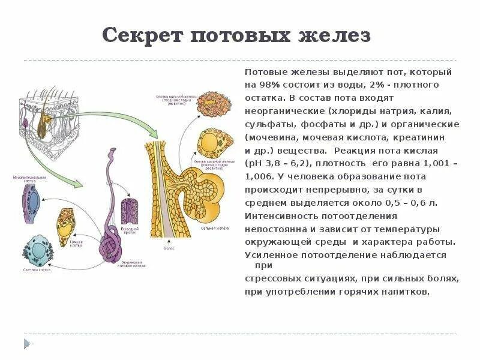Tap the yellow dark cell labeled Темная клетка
pos(67,223)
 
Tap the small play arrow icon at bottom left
pos(26,343)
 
